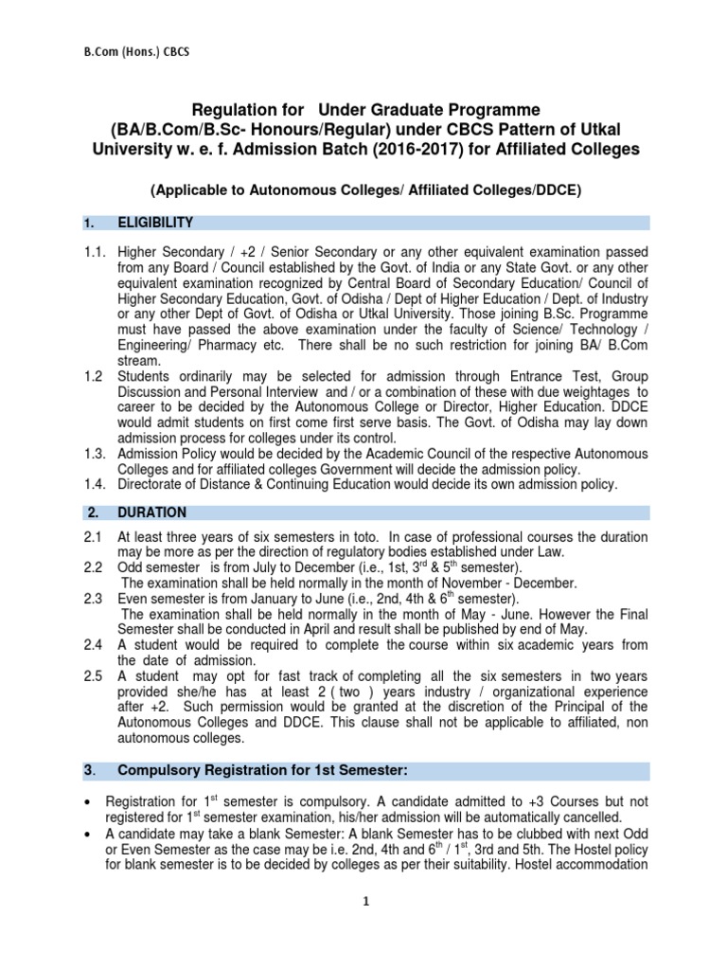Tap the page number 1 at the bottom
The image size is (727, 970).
364,927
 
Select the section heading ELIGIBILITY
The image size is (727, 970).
155,223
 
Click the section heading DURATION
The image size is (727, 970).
152,512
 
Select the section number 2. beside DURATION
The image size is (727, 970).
92,512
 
